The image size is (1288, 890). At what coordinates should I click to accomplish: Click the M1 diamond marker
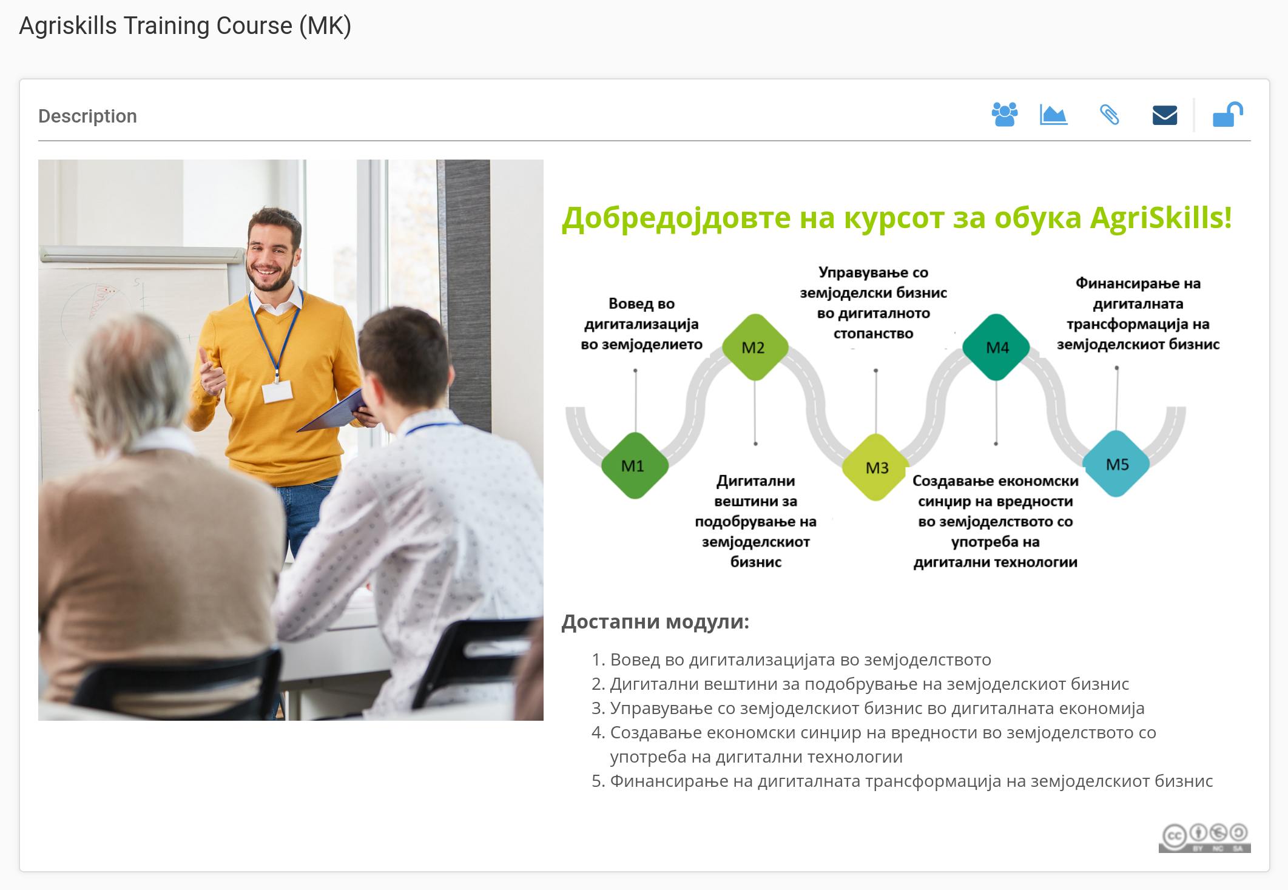tap(635, 465)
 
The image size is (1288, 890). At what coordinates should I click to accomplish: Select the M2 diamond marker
tap(755, 347)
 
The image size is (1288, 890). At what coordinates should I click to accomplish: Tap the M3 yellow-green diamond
tap(875, 467)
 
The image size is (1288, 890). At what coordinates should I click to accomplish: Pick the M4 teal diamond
tap(996, 347)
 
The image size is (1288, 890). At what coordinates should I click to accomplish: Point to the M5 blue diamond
tap(1116, 464)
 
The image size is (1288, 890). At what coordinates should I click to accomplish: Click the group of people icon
tap(1005, 115)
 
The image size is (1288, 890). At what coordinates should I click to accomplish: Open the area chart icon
tap(1054, 115)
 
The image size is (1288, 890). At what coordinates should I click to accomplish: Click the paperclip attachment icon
tap(1110, 115)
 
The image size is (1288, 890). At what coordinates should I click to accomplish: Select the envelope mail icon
tap(1165, 115)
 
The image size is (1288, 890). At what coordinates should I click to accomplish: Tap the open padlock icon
tap(1227, 115)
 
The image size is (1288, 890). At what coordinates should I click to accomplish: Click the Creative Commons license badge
tap(1204, 838)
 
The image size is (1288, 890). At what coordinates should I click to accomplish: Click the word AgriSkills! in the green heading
tap(1161, 217)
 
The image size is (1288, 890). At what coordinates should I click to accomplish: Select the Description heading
tap(87, 116)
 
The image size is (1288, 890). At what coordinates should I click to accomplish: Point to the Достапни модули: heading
tap(655, 621)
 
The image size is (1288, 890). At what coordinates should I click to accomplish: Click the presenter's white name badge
tap(277, 392)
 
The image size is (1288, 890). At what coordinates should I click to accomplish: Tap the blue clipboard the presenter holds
tap(332, 411)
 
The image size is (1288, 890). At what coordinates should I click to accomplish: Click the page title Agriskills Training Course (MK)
tap(185, 26)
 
